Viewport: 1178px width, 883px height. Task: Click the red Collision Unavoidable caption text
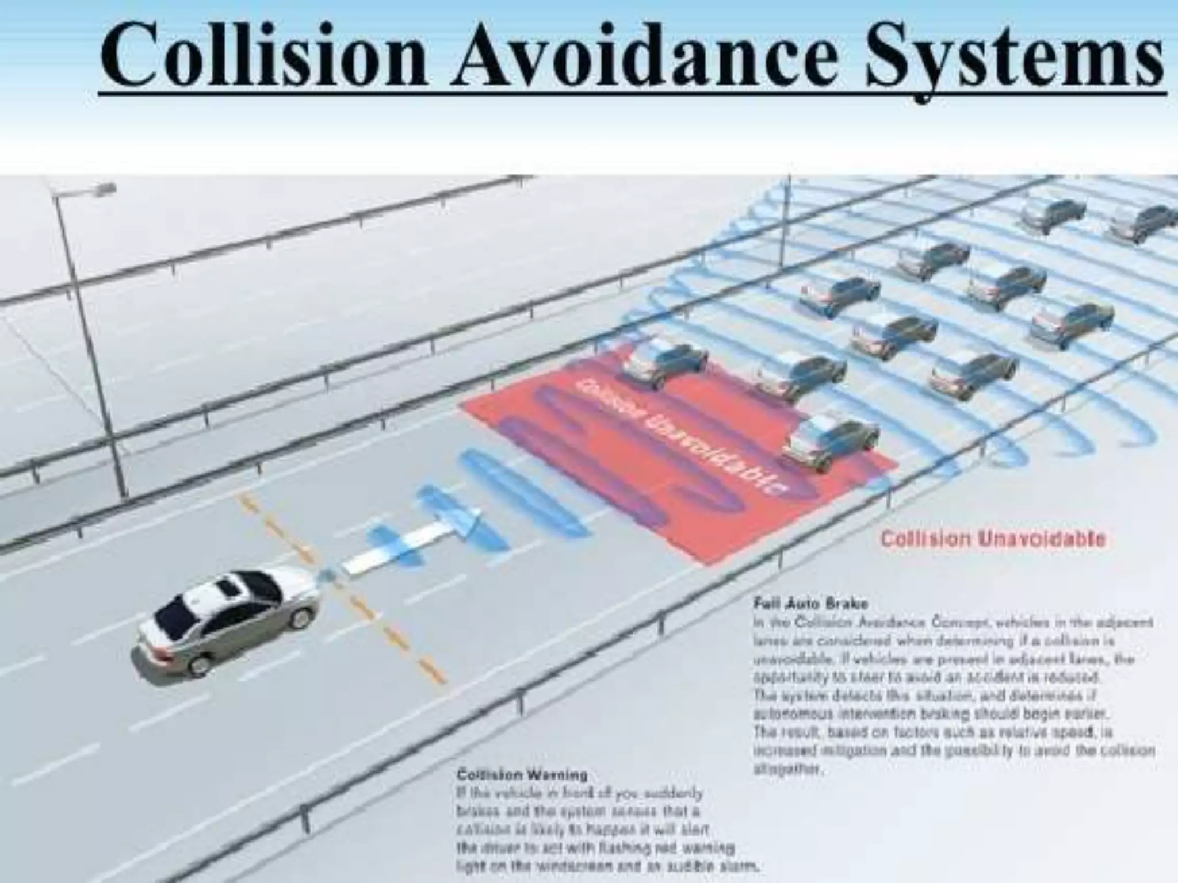[993, 539]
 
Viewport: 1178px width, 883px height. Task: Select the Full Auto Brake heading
[810, 604]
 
